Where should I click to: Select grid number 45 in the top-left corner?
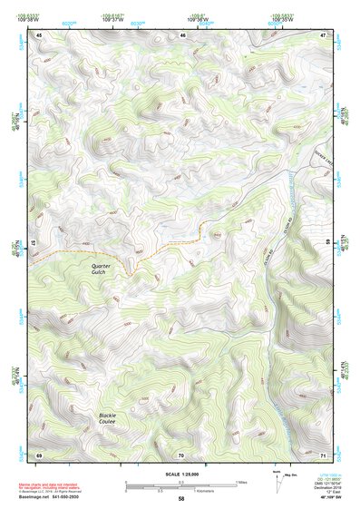coord(39,35)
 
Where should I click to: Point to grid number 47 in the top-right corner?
coord(323,35)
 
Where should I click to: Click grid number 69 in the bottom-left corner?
coord(39,454)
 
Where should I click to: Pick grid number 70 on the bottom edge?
coord(181,454)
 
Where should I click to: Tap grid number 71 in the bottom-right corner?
coord(323,454)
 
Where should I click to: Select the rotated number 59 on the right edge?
coord(327,243)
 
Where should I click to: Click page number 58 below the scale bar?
coord(181,498)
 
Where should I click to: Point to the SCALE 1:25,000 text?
coord(181,474)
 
